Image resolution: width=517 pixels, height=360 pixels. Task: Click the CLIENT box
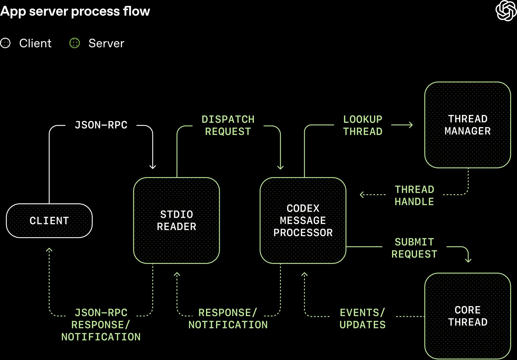point(49,221)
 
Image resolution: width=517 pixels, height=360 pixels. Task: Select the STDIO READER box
point(176,221)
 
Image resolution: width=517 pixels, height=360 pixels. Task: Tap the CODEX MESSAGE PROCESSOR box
point(303,221)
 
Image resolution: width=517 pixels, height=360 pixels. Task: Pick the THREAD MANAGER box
point(467,125)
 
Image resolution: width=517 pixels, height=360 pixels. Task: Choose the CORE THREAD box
point(467,316)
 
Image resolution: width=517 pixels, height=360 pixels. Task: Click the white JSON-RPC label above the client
point(101,125)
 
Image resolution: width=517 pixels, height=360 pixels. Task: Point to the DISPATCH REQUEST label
point(228,125)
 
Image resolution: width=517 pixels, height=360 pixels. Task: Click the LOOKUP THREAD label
point(362,125)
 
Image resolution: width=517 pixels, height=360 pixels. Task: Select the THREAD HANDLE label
point(414,195)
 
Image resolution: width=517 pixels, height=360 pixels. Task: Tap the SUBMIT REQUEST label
point(414,248)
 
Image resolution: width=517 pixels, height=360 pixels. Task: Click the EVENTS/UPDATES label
point(362,319)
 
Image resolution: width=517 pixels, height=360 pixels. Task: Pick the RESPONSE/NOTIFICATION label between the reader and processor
point(228,319)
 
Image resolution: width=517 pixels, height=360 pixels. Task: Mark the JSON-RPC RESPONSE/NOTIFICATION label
point(101,325)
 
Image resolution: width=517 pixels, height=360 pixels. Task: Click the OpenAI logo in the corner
point(506,11)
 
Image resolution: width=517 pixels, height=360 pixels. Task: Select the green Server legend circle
point(75,43)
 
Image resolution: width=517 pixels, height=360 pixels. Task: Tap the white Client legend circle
point(5,43)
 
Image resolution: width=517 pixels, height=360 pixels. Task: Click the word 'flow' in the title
point(136,11)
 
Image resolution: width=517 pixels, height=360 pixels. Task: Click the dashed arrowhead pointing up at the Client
point(49,250)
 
